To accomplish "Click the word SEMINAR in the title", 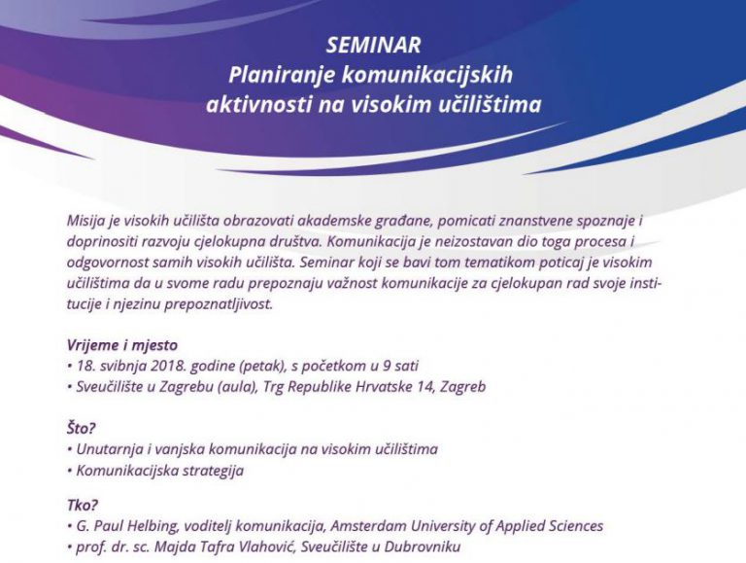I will coord(373,46).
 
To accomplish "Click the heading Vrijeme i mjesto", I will coord(122,345).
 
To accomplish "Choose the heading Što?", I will coord(83,428).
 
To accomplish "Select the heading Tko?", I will coord(83,506).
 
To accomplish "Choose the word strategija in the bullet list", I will coord(206,471).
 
